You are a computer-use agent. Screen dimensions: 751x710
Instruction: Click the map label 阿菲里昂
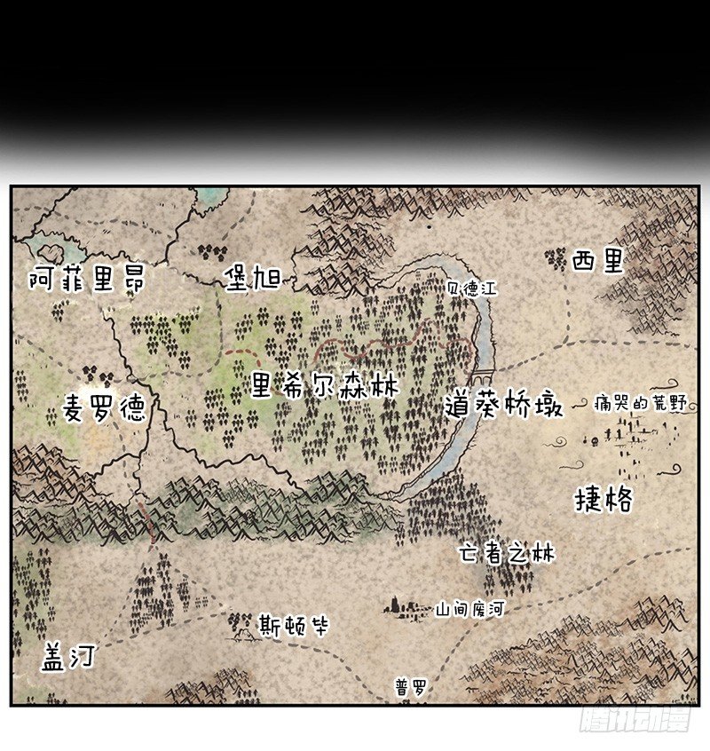point(86,281)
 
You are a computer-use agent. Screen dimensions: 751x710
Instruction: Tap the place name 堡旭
point(252,279)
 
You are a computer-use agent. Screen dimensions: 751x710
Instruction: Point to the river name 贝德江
point(474,289)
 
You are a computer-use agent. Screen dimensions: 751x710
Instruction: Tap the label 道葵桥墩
point(504,407)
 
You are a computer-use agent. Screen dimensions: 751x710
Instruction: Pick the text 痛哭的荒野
point(642,404)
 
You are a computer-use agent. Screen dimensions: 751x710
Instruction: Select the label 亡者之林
point(506,555)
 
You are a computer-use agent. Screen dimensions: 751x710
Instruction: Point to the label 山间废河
point(469,610)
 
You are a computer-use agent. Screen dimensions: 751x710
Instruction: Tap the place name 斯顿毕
point(294,627)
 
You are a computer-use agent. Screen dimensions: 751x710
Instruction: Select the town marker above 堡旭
point(209,250)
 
